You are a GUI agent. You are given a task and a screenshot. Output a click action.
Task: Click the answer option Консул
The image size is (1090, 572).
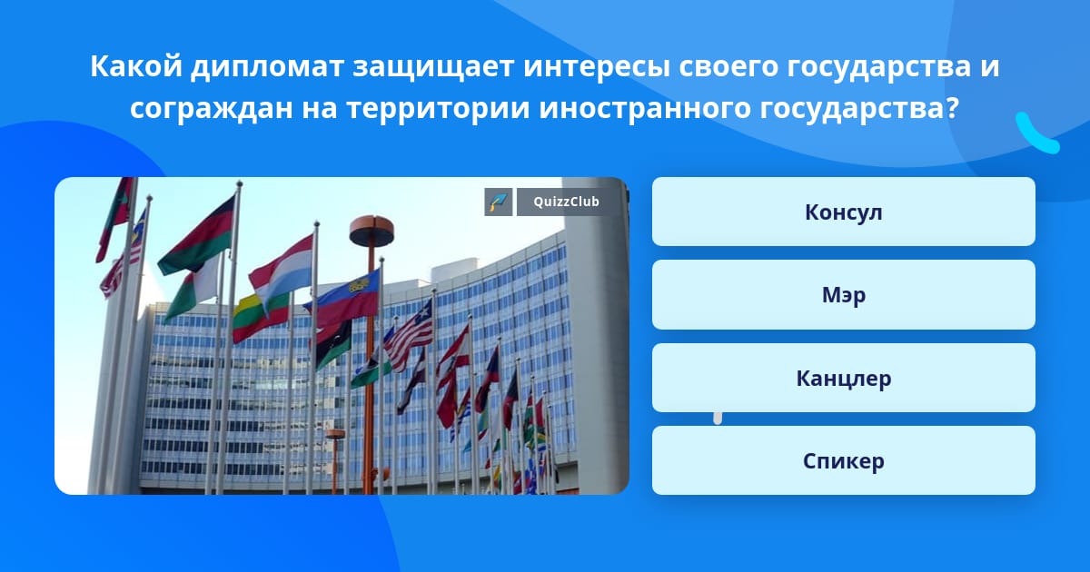pyautogui.click(x=843, y=212)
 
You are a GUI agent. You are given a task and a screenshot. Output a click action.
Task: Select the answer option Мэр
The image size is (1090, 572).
pyautogui.click(x=843, y=295)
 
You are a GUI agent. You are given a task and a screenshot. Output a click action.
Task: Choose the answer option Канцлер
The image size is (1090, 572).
pyautogui.click(x=843, y=378)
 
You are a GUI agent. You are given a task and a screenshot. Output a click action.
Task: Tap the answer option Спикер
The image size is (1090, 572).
pyautogui.click(x=843, y=460)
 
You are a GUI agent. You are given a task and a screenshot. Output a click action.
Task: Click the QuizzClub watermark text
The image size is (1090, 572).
pyautogui.click(x=566, y=202)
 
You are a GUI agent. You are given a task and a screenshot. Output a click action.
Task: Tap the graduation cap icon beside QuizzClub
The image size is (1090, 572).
pyautogui.click(x=499, y=202)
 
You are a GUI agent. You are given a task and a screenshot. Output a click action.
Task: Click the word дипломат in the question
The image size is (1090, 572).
pyautogui.click(x=267, y=66)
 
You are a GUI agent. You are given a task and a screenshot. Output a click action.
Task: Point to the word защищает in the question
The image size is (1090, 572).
pyautogui.click(x=433, y=67)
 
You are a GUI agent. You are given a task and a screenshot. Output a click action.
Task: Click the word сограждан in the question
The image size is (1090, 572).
pyautogui.click(x=211, y=109)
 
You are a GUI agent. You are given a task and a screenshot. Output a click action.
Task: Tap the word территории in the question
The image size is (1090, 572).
pyautogui.click(x=438, y=109)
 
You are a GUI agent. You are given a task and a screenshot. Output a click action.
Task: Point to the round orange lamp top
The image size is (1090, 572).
pyautogui.click(x=372, y=231)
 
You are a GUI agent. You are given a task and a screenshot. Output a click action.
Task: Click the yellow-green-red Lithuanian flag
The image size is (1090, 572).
pyautogui.click(x=260, y=317)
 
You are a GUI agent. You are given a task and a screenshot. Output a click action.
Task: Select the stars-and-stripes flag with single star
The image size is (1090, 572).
pyautogui.click(x=409, y=336)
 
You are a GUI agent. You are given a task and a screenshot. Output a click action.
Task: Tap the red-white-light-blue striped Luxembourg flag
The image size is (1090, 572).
pyautogui.click(x=282, y=273)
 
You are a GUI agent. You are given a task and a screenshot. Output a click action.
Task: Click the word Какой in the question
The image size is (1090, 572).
pyautogui.click(x=136, y=66)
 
